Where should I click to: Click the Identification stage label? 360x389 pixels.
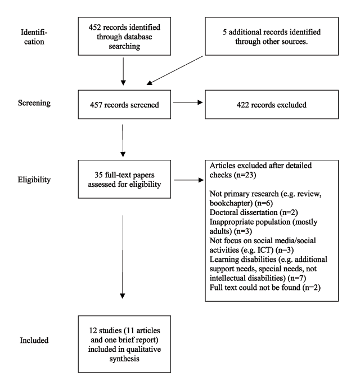point(34,37)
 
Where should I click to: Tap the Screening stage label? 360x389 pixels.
point(34,102)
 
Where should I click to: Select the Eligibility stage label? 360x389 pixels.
point(34,180)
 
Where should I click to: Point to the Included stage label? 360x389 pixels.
point(34,340)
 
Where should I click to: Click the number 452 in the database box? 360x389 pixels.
point(94,27)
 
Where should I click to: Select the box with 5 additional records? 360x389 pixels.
point(272,36)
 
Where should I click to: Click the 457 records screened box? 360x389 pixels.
point(124,105)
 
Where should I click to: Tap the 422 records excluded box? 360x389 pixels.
point(272,105)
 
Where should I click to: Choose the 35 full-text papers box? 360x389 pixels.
point(124,179)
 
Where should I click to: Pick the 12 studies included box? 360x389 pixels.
point(124,344)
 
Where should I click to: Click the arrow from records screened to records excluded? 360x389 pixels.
point(188,102)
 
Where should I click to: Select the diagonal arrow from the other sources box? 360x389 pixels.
point(175,70)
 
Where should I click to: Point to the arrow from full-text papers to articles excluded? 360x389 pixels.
point(189,180)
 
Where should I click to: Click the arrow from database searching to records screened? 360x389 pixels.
point(123,71)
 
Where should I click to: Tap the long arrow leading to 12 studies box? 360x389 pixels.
point(123,257)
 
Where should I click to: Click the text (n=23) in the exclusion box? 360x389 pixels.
point(245,175)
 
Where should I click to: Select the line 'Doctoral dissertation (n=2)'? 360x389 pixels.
point(254,212)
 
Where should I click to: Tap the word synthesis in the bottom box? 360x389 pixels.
point(124,359)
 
